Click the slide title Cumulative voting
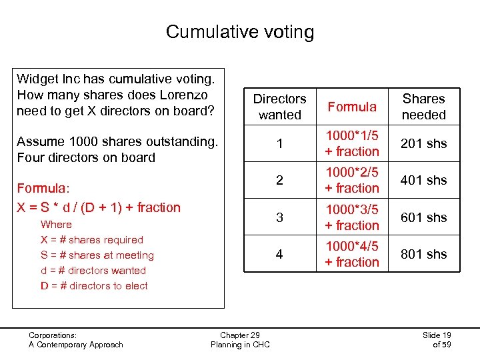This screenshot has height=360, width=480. point(239,31)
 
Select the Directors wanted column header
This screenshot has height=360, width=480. point(280,107)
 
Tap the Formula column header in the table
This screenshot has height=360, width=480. point(352,107)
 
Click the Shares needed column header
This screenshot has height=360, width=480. point(423,107)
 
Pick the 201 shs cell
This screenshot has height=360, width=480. point(423,143)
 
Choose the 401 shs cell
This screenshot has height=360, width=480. point(423,180)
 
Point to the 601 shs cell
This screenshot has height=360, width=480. point(423,217)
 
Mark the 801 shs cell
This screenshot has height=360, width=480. point(423,254)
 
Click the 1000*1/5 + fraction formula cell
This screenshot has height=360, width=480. point(352,143)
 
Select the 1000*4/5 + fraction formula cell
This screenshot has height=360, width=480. point(352,254)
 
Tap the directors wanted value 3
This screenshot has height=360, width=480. point(279,217)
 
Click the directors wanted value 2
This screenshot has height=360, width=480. point(279,180)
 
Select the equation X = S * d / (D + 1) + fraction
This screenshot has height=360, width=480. point(99,207)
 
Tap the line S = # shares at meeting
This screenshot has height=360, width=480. point(97,255)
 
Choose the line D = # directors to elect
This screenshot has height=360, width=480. point(94,286)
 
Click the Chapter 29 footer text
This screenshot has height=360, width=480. point(239,335)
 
